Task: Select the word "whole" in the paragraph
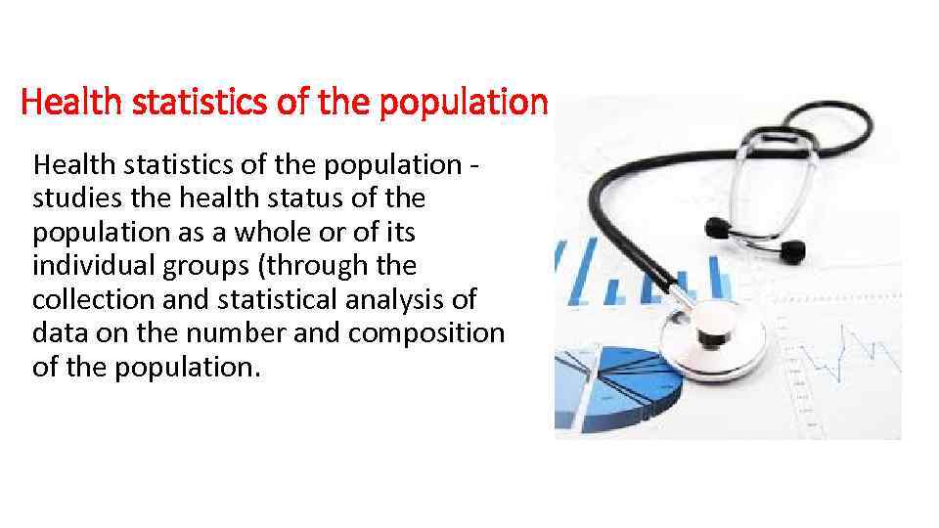[305, 232]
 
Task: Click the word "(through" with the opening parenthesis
[303, 266]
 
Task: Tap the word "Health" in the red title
[58, 101]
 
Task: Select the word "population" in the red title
[476, 101]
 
